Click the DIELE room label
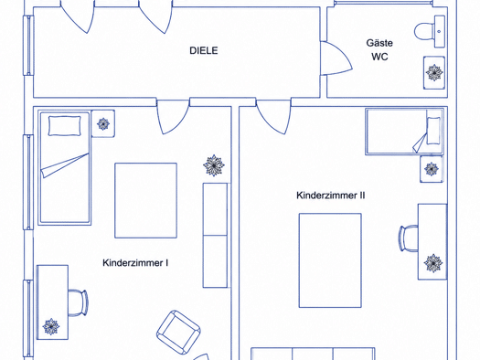click(204, 50)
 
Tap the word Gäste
click(379, 43)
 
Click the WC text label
click(380, 57)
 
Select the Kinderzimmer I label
click(135, 263)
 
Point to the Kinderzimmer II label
click(331, 196)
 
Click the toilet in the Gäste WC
click(430, 31)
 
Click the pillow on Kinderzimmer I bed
click(65, 126)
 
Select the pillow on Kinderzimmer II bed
click(433, 131)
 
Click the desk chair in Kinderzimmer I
click(78, 302)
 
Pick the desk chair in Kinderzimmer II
click(409, 238)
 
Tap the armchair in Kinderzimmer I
click(179, 333)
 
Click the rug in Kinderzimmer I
click(145, 201)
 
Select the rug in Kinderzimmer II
click(330, 260)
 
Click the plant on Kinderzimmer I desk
click(51, 326)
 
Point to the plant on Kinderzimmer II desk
click(433, 263)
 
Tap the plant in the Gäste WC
click(434, 73)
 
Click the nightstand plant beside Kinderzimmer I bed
click(103, 124)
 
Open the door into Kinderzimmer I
click(173, 116)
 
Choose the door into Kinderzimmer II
click(273, 116)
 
